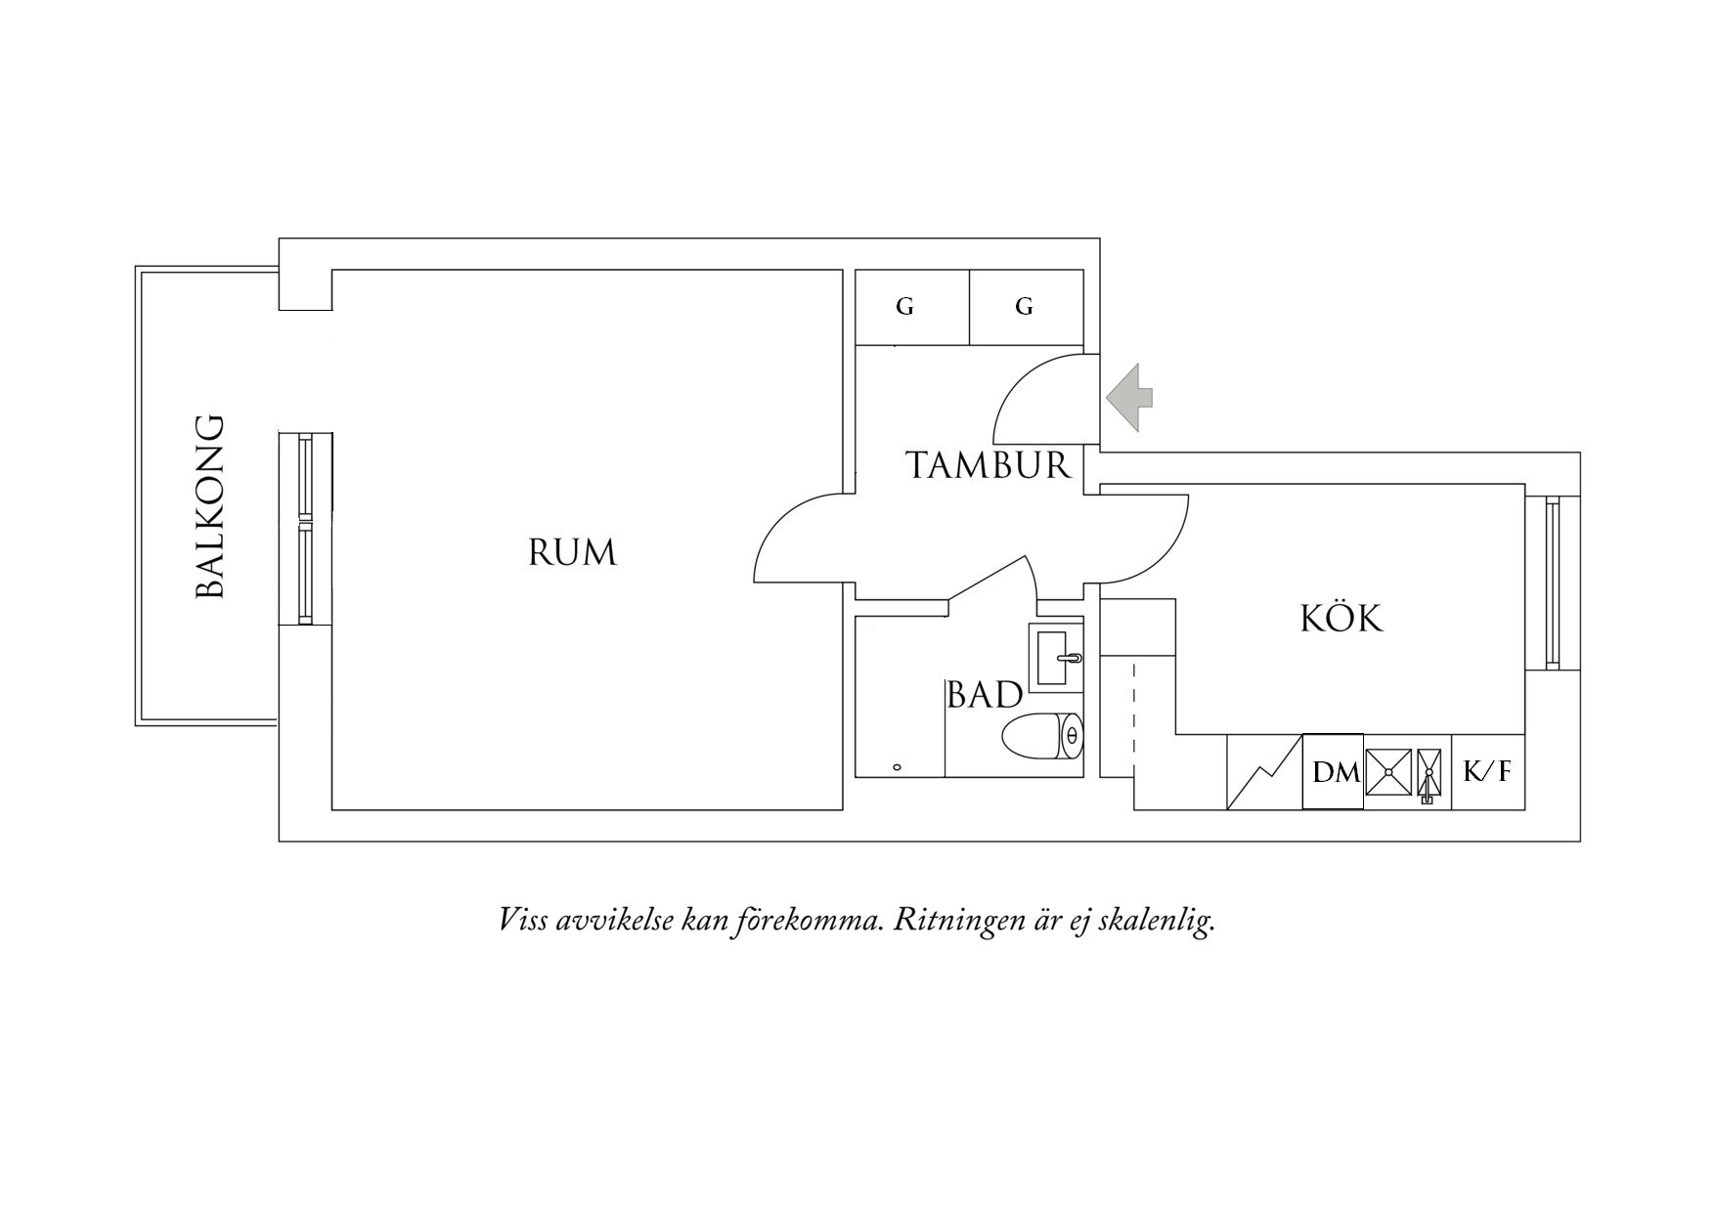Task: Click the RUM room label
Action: pos(572,553)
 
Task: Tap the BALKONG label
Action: pos(210,506)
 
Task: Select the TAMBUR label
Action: pos(989,465)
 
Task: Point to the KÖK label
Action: pos(1341,618)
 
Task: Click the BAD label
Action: pos(985,695)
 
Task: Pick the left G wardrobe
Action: pos(912,307)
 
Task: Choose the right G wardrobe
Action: pos(1027,307)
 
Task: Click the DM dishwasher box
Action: pos(1333,772)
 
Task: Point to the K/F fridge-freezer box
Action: pos(1487,772)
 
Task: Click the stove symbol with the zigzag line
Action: pos(1264,772)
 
